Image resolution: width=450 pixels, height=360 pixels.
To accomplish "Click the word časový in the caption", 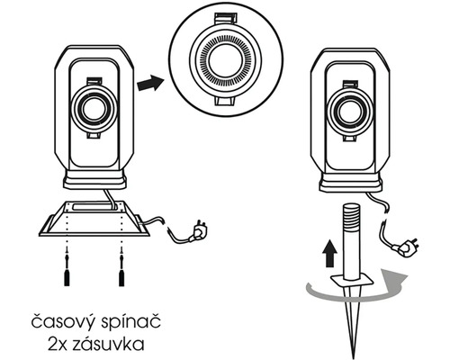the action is tap(64, 322).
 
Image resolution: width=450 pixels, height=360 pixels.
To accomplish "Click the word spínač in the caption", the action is tap(130, 322).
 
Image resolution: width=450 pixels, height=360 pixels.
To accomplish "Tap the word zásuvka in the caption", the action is tap(108, 345).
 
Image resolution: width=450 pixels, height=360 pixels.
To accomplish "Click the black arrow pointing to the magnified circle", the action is tap(150, 83).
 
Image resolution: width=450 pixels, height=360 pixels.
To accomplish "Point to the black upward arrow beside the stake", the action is tap(329, 254).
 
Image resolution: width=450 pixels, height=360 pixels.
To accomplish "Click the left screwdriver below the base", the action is tap(67, 268).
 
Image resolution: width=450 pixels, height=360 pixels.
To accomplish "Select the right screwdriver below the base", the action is tap(121, 268).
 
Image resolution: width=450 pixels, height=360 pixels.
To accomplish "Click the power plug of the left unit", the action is tap(198, 231).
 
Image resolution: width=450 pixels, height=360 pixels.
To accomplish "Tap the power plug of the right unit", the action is tap(407, 247).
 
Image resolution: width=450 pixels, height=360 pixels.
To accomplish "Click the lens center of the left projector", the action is tap(94, 110).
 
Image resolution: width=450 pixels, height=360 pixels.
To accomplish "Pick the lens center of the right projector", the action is tap(350, 112).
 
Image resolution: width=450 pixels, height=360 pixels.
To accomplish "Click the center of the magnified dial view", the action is tap(226, 61).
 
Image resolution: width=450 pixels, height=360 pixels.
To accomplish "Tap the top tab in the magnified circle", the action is tap(226, 19).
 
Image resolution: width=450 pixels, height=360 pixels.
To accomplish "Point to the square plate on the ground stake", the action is tap(352, 281).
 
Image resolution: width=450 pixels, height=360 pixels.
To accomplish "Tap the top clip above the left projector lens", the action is tap(94, 81).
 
